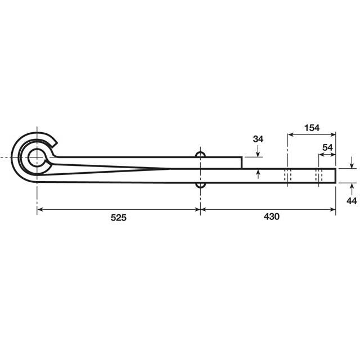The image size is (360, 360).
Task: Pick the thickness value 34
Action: point(258,138)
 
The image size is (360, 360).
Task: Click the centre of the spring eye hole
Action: point(37,157)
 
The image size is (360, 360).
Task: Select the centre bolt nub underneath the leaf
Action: point(200,184)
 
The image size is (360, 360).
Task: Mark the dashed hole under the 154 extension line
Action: point(287,175)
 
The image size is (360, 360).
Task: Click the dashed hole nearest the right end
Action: point(318,175)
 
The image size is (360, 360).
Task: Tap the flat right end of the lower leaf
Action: point(336,175)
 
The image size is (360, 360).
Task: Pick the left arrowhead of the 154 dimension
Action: point(291,134)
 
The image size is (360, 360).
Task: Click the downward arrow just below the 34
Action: point(258,154)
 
